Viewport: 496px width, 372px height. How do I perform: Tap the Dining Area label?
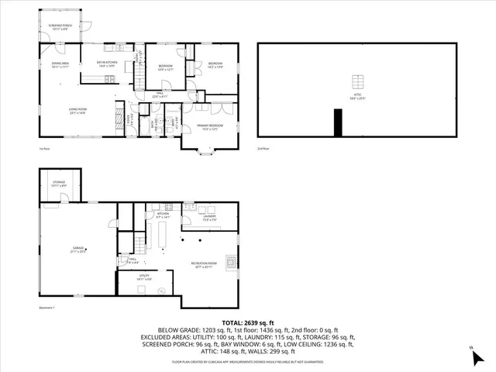click(x=60, y=65)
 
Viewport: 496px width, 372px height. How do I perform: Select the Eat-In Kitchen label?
click(x=105, y=65)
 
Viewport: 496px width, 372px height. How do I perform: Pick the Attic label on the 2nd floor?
click(x=356, y=97)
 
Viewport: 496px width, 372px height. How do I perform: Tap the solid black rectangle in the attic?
click(x=337, y=122)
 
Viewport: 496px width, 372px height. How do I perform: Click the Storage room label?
click(x=60, y=184)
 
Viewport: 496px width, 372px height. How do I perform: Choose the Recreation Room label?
click(x=203, y=266)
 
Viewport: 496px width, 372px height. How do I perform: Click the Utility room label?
click(x=143, y=277)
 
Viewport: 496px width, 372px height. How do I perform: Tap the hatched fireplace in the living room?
click(x=119, y=109)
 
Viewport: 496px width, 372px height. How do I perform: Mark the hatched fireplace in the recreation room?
click(x=231, y=261)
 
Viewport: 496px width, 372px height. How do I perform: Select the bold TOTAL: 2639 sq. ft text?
click(x=247, y=322)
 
